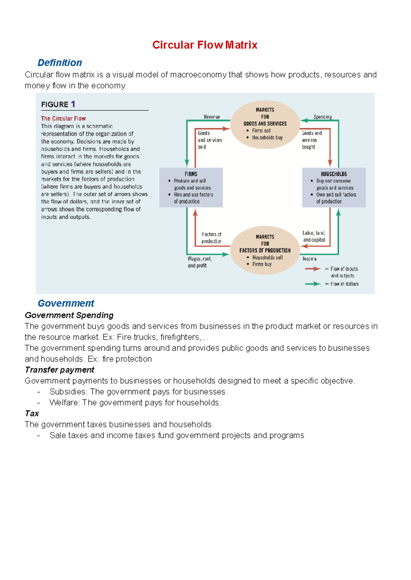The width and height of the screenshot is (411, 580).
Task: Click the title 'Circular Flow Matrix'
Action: tap(204, 45)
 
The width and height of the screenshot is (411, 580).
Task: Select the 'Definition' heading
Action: tap(60, 63)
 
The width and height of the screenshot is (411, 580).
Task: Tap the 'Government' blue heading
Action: tap(66, 303)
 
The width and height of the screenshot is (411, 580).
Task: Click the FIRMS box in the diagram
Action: tap(191, 187)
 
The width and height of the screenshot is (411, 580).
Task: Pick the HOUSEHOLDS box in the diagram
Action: tap(334, 187)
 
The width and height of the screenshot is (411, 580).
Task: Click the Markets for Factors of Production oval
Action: tap(265, 250)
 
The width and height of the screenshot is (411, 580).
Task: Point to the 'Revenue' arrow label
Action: tap(212, 117)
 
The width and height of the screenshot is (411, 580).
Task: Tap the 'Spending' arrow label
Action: tap(323, 117)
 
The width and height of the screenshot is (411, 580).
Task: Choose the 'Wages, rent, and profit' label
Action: tap(199, 262)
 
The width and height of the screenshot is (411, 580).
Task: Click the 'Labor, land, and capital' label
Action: tap(314, 236)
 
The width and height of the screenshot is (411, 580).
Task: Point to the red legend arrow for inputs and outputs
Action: tap(312, 269)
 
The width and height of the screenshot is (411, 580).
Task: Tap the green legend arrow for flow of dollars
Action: tap(312, 284)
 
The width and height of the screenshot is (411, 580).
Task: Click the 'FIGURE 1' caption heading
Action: tap(58, 104)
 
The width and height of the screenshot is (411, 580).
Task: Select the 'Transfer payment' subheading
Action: tap(60, 370)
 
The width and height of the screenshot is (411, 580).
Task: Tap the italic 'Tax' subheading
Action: tap(32, 414)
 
